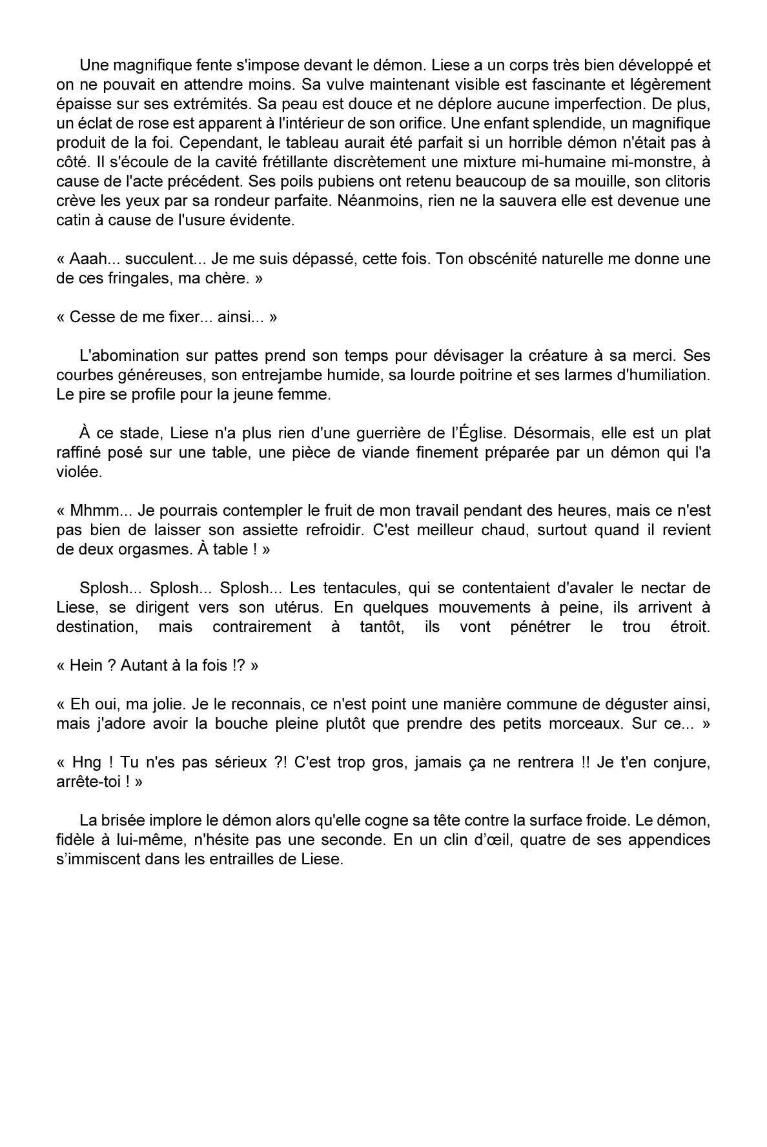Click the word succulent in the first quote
(x=159, y=259)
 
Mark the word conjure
(x=680, y=762)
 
